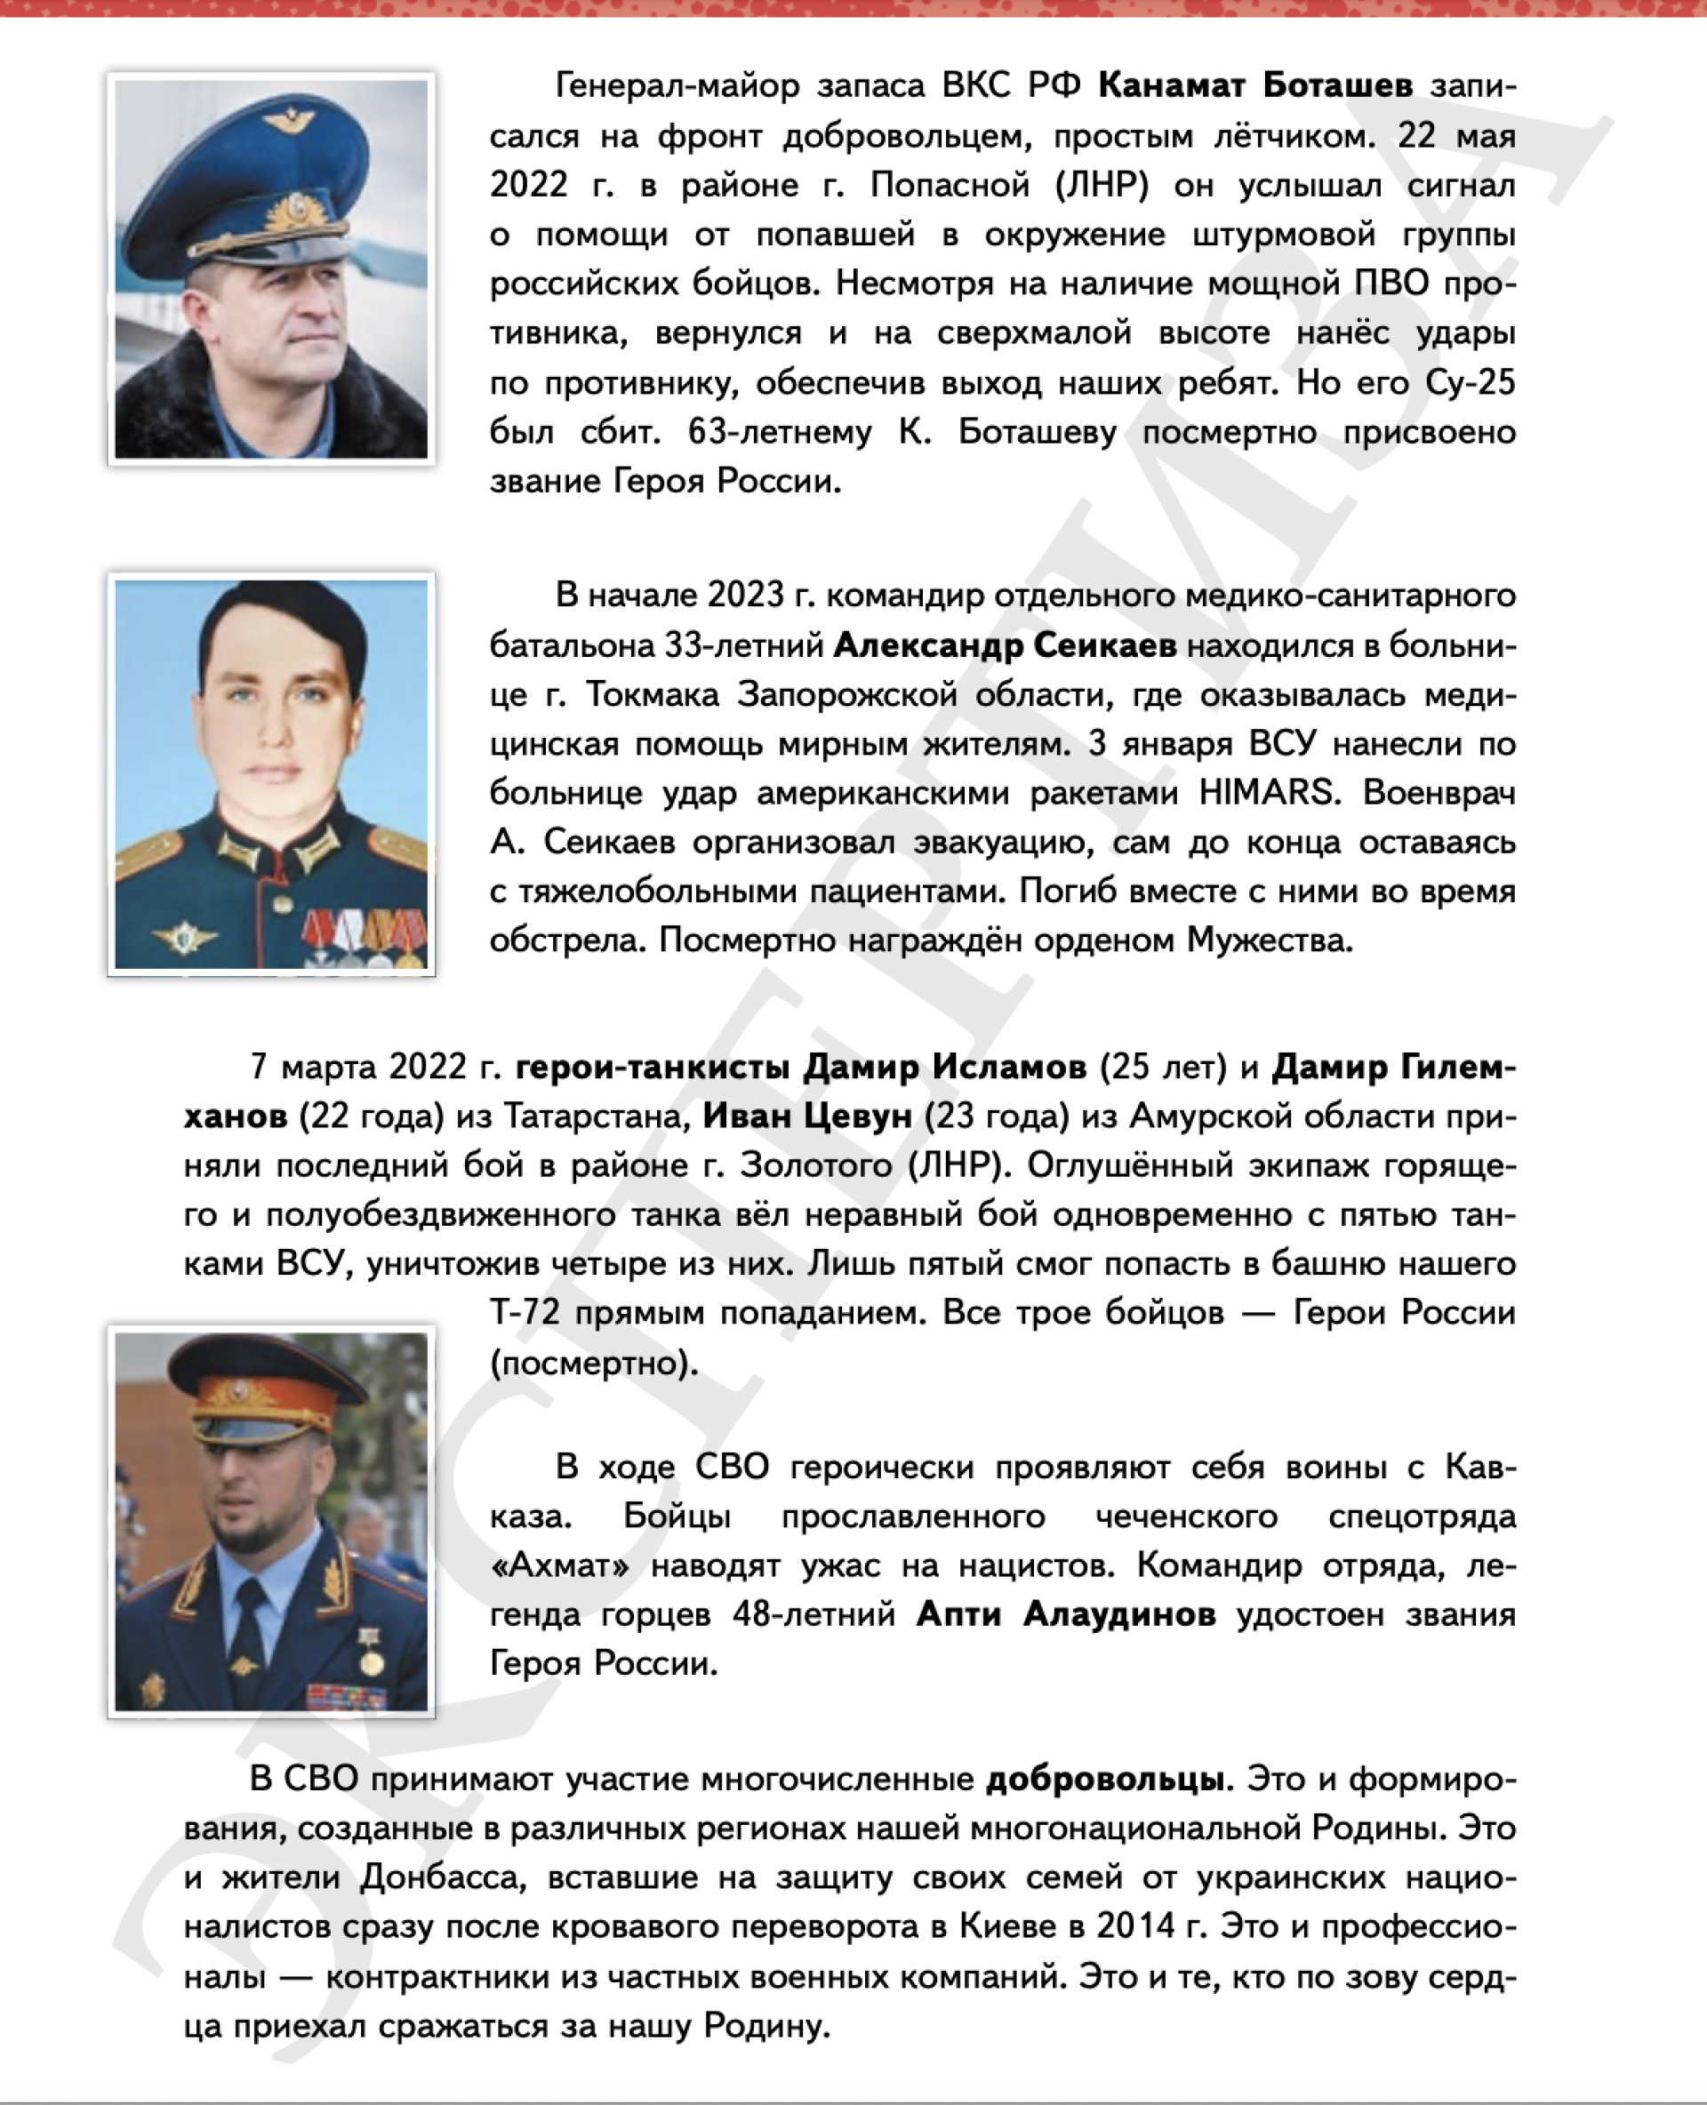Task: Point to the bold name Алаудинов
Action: [1119, 1614]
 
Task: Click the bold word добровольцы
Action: [1105, 1780]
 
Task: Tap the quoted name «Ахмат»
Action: [560, 1565]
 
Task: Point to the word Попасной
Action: [950, 185]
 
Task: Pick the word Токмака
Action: [653, 694]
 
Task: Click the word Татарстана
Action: [596, 1116]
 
